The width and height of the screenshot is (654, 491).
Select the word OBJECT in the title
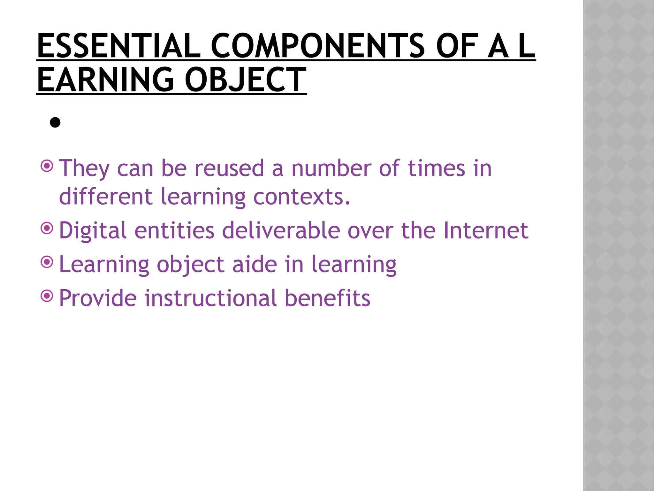point(245,80)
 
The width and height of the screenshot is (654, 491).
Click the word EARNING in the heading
point(105,80)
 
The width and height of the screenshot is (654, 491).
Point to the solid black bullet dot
point(55,122)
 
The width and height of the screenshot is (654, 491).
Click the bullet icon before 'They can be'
point(47,166)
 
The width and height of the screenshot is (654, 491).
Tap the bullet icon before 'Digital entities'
point(47,228)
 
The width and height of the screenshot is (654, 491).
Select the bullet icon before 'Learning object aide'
point(47,262)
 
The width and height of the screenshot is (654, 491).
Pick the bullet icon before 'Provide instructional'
point(47,296)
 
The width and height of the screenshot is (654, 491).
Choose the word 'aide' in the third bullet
point(255,264)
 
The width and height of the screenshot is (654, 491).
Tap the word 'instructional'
point(210,298)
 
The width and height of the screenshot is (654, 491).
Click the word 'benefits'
point(327,298)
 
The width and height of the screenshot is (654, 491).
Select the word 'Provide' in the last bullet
point(98,298)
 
